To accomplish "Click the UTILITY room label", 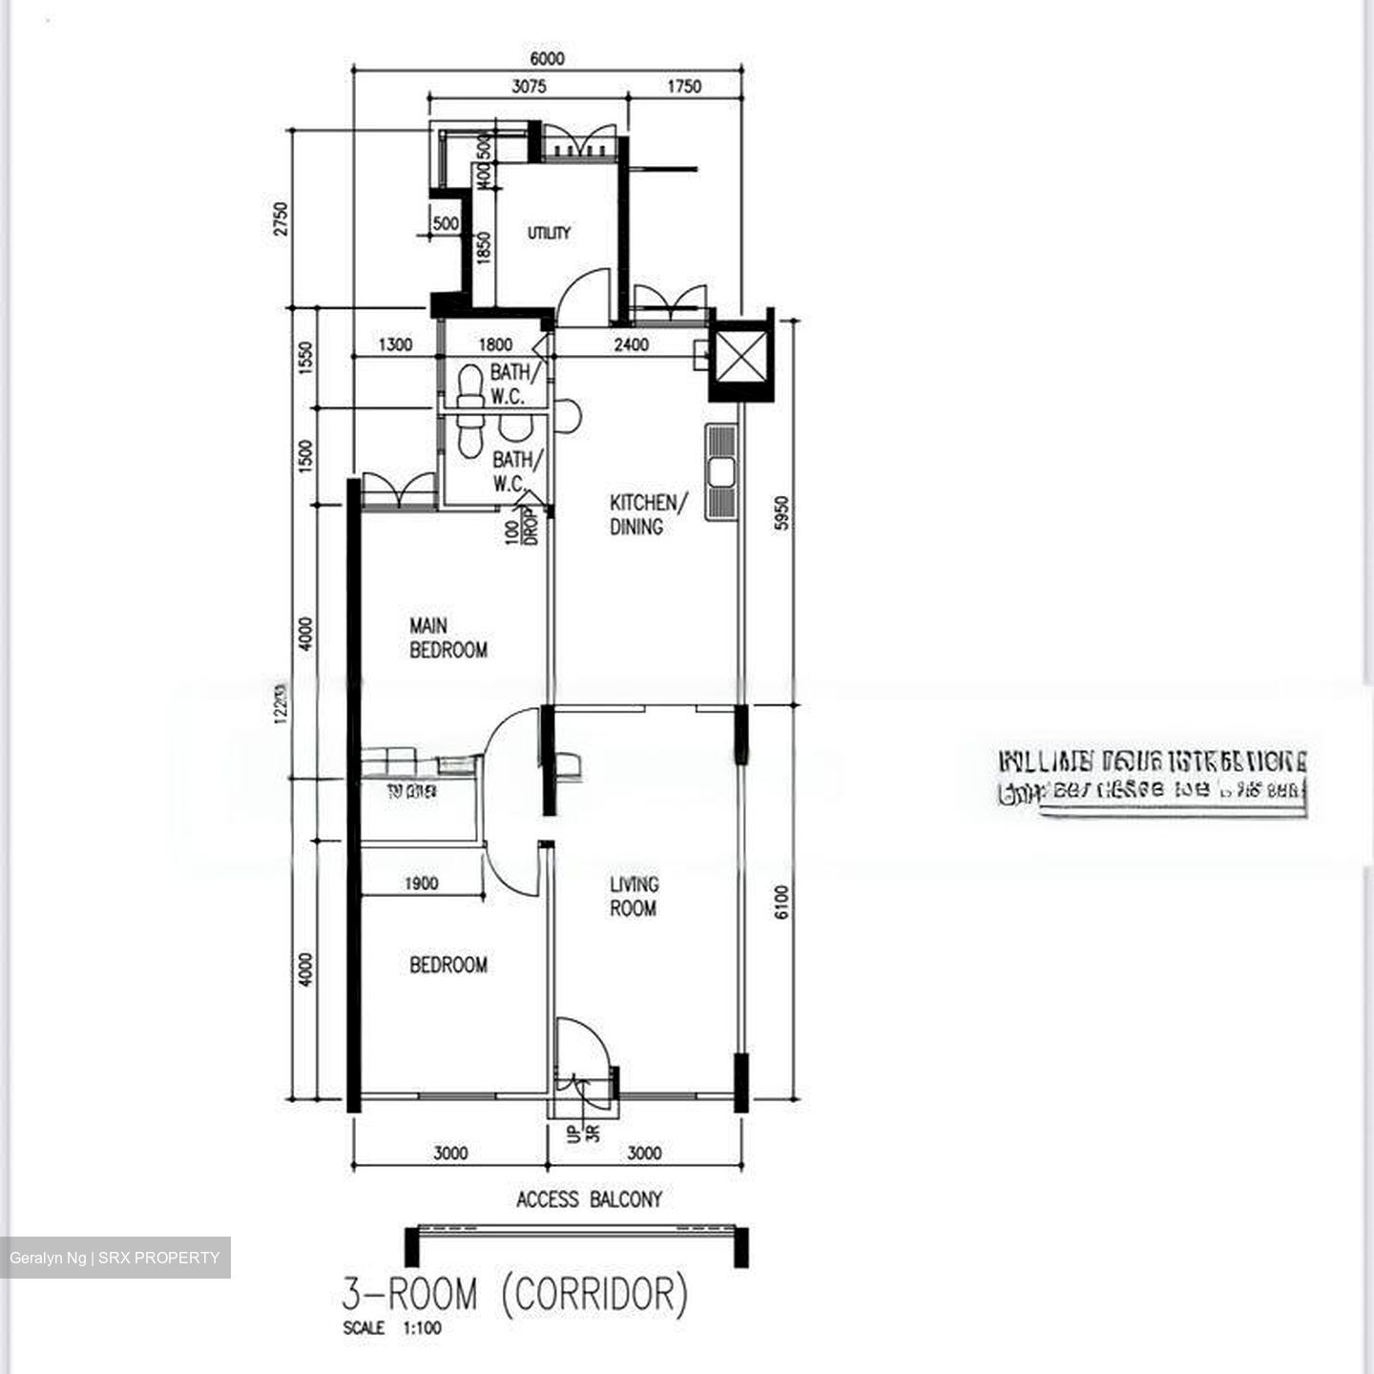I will pyautogui.click(x=549, y=233).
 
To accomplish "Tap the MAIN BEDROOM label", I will pyautogui.click(x=448, y=638).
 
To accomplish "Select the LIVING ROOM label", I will pyautogui.click(x=634, y=896).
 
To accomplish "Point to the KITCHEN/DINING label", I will pyautogui.click(x=649, y=514).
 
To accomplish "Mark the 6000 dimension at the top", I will pyautogui.click(x=547, y=58).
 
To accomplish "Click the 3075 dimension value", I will pyautogui.click(x=529, y=87).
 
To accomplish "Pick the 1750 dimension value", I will pyautogui.click(x=683, y=87).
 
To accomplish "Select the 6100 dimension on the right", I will pyautogui.click(x=782, y=902).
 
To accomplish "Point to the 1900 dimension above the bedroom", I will pyautogui.click(x=421, y=884).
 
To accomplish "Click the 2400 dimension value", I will pyautogui.click(x=631, y=344).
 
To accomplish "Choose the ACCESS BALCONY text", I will pyautogui.click(x=589, y=1199).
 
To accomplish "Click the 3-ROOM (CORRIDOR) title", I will pyautogui.click(x=514, y=1295).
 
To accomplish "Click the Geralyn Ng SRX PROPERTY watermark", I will pyautogui.click(x=114, y=1258).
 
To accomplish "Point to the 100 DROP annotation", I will pyautogui.click(x=522, y=527).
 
